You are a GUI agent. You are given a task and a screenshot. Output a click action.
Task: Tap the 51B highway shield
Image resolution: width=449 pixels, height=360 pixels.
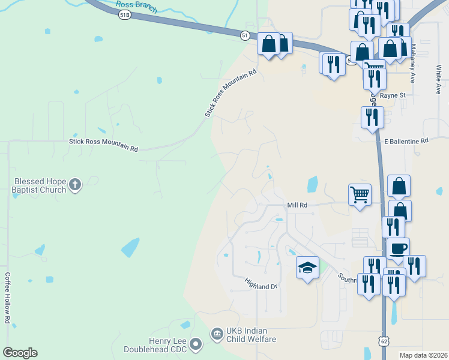124,15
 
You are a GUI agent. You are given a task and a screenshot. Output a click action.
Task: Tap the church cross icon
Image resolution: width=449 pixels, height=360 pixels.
74,185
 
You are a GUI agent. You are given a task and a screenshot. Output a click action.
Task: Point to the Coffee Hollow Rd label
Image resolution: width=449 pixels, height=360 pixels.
8,298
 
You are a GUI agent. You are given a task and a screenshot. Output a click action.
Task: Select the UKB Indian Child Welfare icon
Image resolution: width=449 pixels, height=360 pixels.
216,333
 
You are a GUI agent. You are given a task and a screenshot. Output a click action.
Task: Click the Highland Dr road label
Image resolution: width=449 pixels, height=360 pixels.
260,283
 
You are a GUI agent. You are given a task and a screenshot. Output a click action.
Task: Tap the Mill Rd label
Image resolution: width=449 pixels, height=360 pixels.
297,205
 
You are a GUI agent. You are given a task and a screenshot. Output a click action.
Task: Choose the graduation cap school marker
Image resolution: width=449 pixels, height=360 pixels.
307,268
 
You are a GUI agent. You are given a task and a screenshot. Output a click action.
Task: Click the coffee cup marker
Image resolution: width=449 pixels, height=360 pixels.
398,248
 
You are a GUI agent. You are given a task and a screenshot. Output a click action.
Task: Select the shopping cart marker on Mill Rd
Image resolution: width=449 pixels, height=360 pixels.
360,194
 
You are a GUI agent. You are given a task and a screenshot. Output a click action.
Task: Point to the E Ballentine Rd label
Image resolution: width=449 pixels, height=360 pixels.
406,140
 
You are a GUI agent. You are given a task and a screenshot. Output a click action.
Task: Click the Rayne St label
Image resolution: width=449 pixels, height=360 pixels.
393,95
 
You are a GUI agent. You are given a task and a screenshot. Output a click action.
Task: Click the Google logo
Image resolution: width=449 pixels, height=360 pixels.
20,353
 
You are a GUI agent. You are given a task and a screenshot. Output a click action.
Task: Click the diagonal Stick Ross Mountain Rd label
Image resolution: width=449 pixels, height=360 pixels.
231,92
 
